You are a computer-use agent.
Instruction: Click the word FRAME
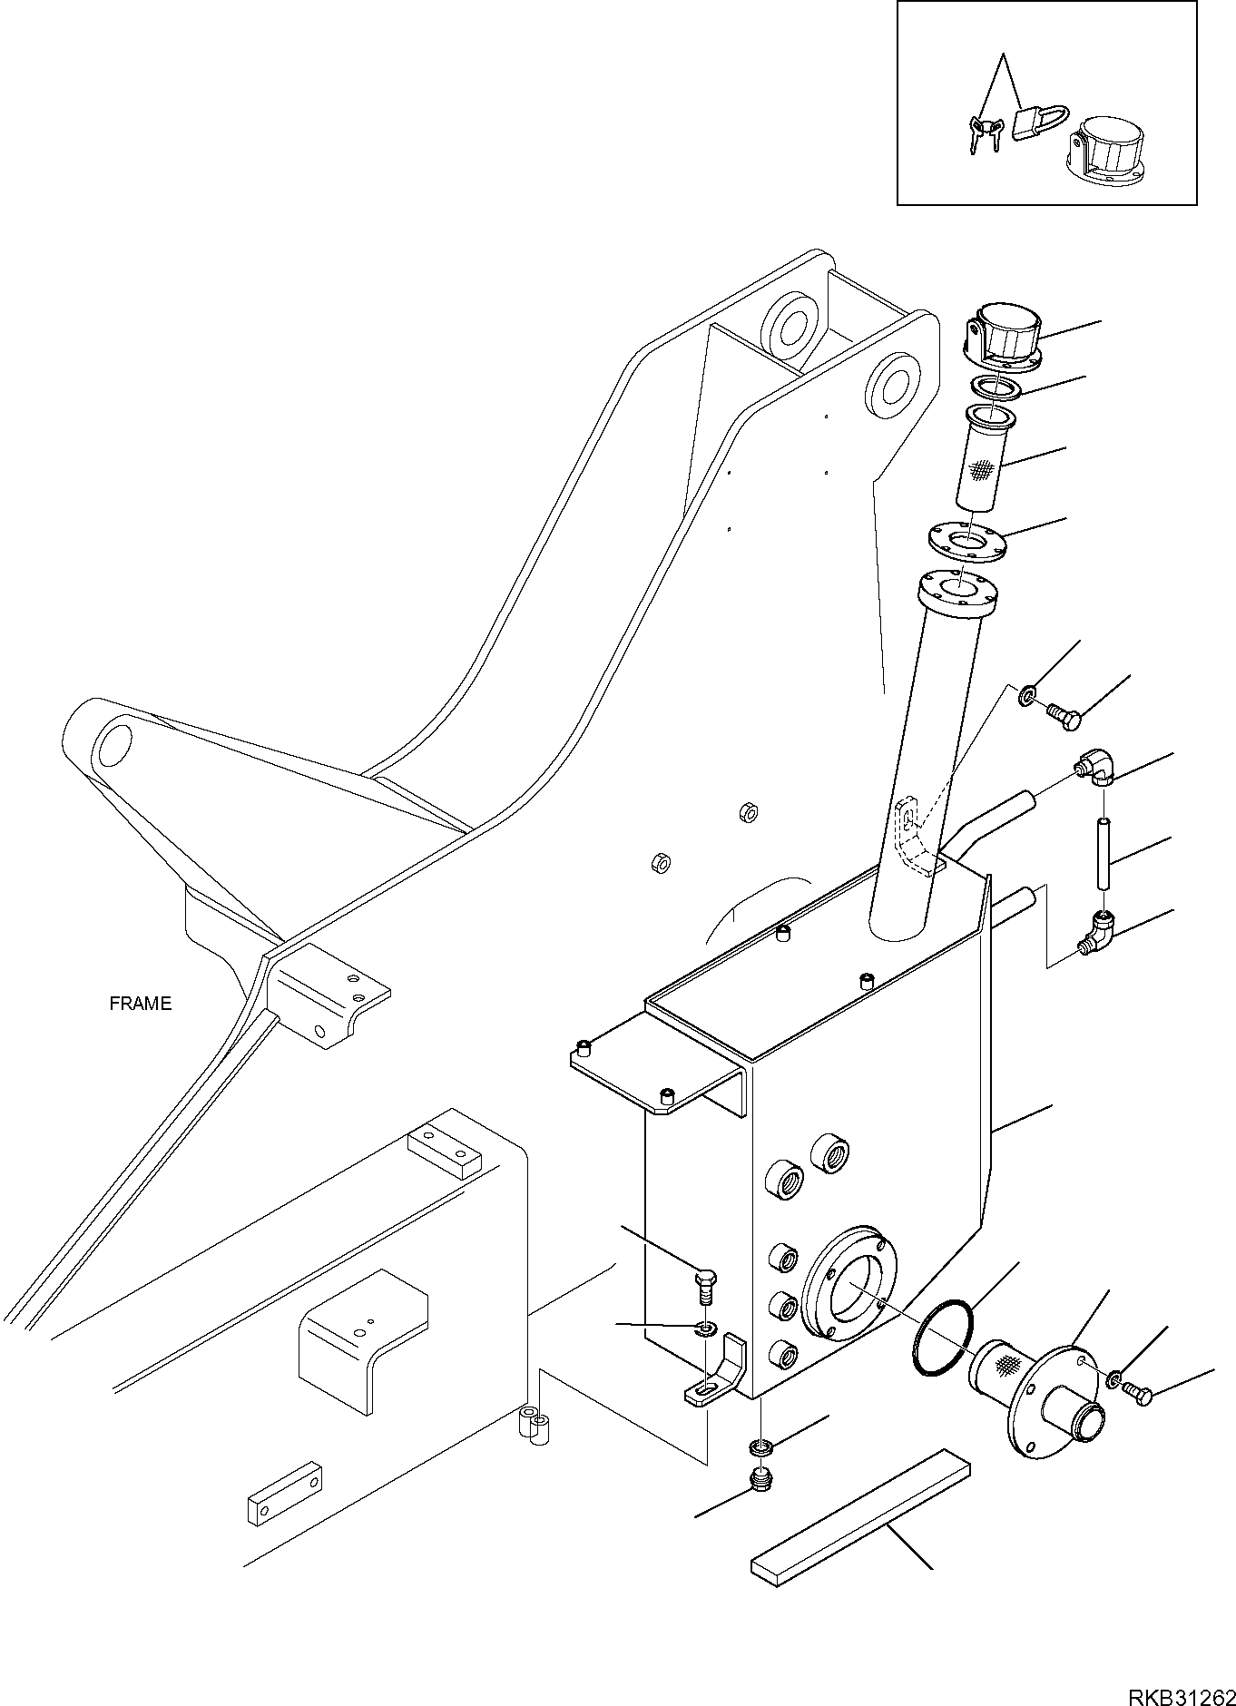click(x=140, y=1004)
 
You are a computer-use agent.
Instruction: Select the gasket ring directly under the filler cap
click(x=996, y=387)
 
